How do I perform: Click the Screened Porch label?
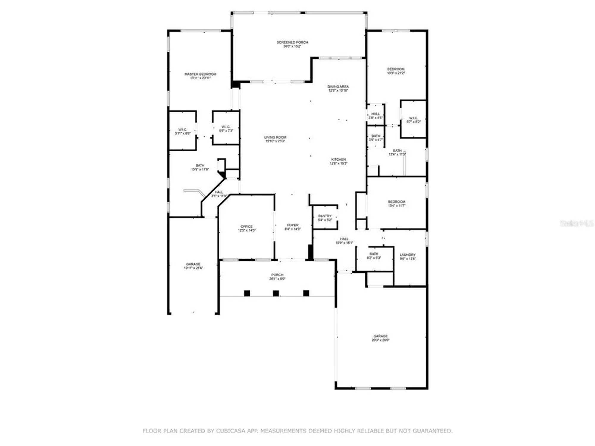pos(292,43)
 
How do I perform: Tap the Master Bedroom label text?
pos(200,74)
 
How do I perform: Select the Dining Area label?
pos(338,87)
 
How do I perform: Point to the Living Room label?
pos(275,137)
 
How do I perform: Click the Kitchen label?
pos(338,160)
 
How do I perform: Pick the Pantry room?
pos(325,218)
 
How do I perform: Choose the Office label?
pos(246,227)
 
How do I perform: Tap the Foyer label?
pos(292,225)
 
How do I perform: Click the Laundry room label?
pos(407,255)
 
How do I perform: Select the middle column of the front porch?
pos(276,293)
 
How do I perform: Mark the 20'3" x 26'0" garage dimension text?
pos(380,340)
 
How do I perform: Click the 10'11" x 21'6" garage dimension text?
pos(193,268)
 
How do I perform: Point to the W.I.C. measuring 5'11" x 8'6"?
pos(182,131)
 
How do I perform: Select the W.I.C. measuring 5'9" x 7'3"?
pos(226,129)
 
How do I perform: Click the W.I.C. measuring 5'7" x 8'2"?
pos(413,120)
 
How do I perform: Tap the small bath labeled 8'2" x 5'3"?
pos(374,256)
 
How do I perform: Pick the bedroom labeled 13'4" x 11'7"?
pos(396,203)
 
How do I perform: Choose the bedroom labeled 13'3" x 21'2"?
pos(396,71)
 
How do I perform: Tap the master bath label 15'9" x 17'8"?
pos(200,167)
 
